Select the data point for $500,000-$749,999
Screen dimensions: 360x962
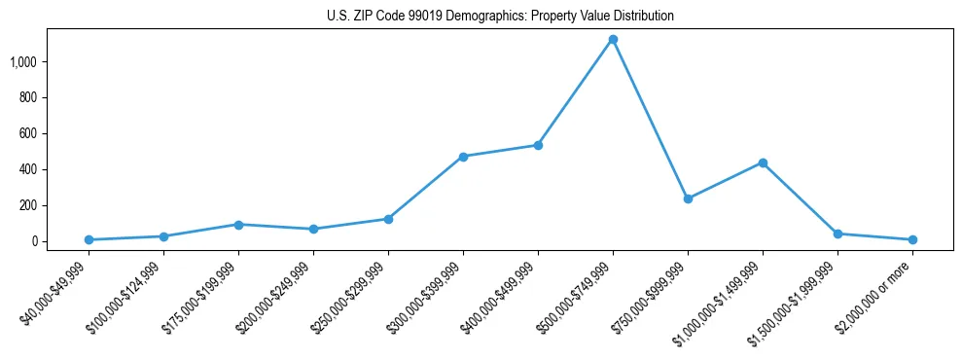click(x=613, y=40)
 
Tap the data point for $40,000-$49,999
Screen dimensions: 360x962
click(x=89, y=239)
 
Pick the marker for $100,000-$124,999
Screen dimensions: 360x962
click(x=163, y=236)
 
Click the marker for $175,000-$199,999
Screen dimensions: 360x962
click(x=238, y=225)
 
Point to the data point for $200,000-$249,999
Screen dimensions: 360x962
click(x=313, y=230)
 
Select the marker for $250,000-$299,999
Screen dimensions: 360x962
click(x=388, y=219)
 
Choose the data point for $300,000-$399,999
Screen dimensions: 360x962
click(x=463, y=157)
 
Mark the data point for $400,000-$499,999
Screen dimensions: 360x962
click(x=538, y=145)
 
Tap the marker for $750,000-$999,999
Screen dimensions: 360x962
click(x=688, y=198)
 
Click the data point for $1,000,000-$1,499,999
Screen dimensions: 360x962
click(x=763, y=162)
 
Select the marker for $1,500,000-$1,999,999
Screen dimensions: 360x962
click(x=837, y=234)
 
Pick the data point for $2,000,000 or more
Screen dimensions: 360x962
click(x=912, y=239)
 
